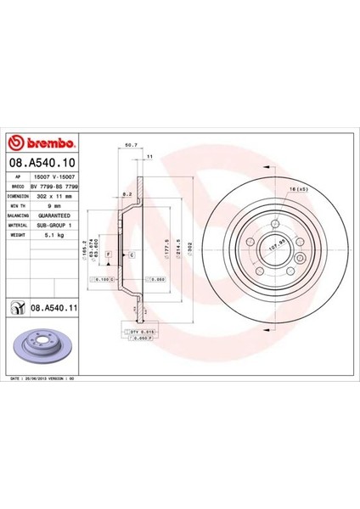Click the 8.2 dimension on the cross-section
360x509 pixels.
click(x=125, y=194)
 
